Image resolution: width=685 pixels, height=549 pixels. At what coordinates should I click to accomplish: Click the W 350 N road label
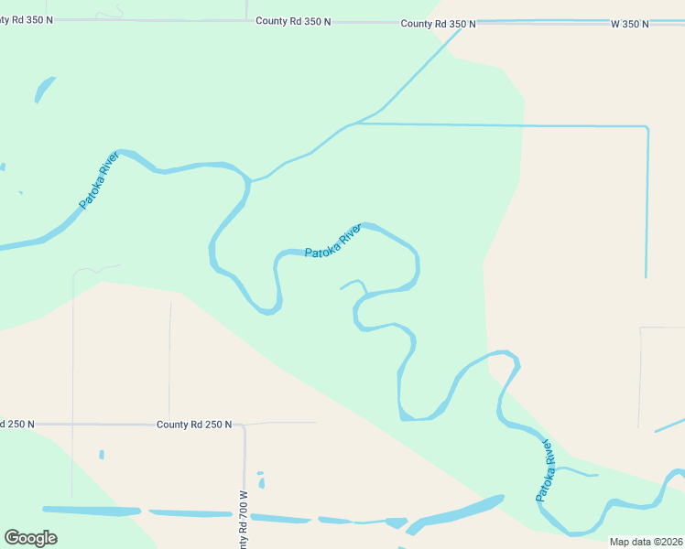tap(629, 24)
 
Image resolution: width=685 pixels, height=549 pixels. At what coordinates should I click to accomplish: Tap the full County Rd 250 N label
tap(194, 425)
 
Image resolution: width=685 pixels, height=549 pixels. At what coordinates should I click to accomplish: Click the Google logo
tap(30, 538)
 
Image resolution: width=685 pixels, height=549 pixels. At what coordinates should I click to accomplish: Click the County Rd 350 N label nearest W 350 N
tap(438, 24)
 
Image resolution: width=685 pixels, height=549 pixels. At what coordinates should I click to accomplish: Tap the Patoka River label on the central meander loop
tap(333, 241)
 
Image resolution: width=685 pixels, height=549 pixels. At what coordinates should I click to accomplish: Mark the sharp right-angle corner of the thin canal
tap(647, 128)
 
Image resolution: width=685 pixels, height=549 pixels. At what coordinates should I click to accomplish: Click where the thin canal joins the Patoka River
tap(251, 180)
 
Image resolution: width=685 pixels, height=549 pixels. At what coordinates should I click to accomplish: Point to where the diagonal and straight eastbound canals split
tap(354, 124)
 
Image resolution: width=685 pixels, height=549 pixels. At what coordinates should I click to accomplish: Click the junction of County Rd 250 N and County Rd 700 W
tap(245, 425)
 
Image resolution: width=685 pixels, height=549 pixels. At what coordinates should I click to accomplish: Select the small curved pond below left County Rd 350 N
tap(43, 90)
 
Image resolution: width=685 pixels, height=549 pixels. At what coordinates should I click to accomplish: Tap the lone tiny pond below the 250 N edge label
tap(102, 455)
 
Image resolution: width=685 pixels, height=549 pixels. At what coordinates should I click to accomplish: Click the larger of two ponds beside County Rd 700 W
tap(261, 483)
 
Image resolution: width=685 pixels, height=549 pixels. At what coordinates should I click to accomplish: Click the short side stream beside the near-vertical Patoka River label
tap(577, 472)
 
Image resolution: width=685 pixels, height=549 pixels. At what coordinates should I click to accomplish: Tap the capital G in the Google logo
tap(12, 538)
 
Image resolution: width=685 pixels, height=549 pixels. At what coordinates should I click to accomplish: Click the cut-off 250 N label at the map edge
tap(17, 425)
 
